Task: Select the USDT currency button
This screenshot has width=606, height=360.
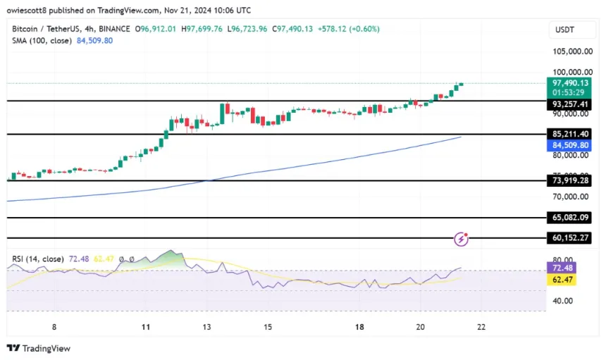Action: click(567, 30)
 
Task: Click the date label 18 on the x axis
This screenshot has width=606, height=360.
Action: click(359, 328)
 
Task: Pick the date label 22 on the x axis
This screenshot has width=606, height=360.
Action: click(481, 328)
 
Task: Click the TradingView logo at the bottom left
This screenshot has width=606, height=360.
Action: click(39, 348)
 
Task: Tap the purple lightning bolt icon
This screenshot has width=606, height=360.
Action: click(462, 240)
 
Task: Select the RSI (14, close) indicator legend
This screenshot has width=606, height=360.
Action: click(38, 259)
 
